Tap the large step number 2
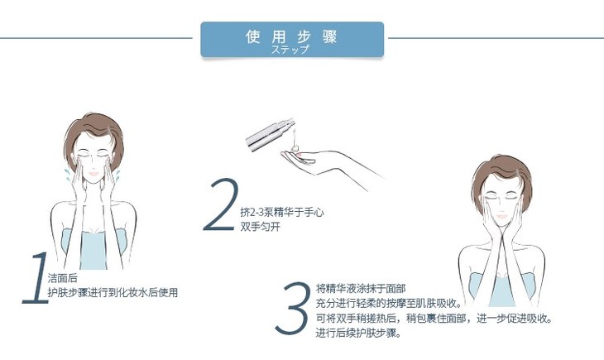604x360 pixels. [x=221, y=205]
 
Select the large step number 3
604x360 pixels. [x=293, y=309]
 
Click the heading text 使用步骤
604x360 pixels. [x=291, y=37]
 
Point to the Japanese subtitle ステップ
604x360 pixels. [x=290, y=50]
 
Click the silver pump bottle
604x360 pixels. [x=271, y=134]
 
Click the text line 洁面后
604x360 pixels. [x=62, y=278]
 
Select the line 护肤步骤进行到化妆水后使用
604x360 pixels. [x=113, y=292]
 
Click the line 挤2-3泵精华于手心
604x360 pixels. [x=282, y=212]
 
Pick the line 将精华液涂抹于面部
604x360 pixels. [x=361, y=288]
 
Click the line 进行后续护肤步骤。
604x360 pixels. [x=358, y=333]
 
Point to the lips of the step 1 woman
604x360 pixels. [x=93, y=174]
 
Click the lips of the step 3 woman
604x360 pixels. [x=501, y=216]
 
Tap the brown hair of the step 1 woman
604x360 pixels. [x=94, y=127]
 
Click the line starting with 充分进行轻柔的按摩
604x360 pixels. [x=389, y=303]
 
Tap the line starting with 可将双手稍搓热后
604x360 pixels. [x=434, y=319]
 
